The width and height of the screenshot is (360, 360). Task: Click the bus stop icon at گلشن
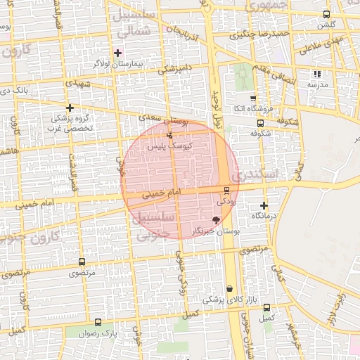tap(326, 15)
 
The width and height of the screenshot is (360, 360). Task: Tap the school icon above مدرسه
tap(317, 74)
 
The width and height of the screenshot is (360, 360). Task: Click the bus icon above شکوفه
tap(261, 122)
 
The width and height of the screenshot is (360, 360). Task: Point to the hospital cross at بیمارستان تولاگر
tap(117, 53)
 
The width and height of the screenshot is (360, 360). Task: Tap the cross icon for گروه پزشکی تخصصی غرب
tap(70, 108)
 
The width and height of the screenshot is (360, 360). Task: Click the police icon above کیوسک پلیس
tap(169, 135)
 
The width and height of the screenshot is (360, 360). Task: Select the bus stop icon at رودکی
tap(226, 190)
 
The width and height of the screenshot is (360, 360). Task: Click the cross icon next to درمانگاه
tap(264, 206)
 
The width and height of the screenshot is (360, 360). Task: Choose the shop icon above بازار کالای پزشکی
tap(230, 289)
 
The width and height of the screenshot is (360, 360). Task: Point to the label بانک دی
tap(14, 91)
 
